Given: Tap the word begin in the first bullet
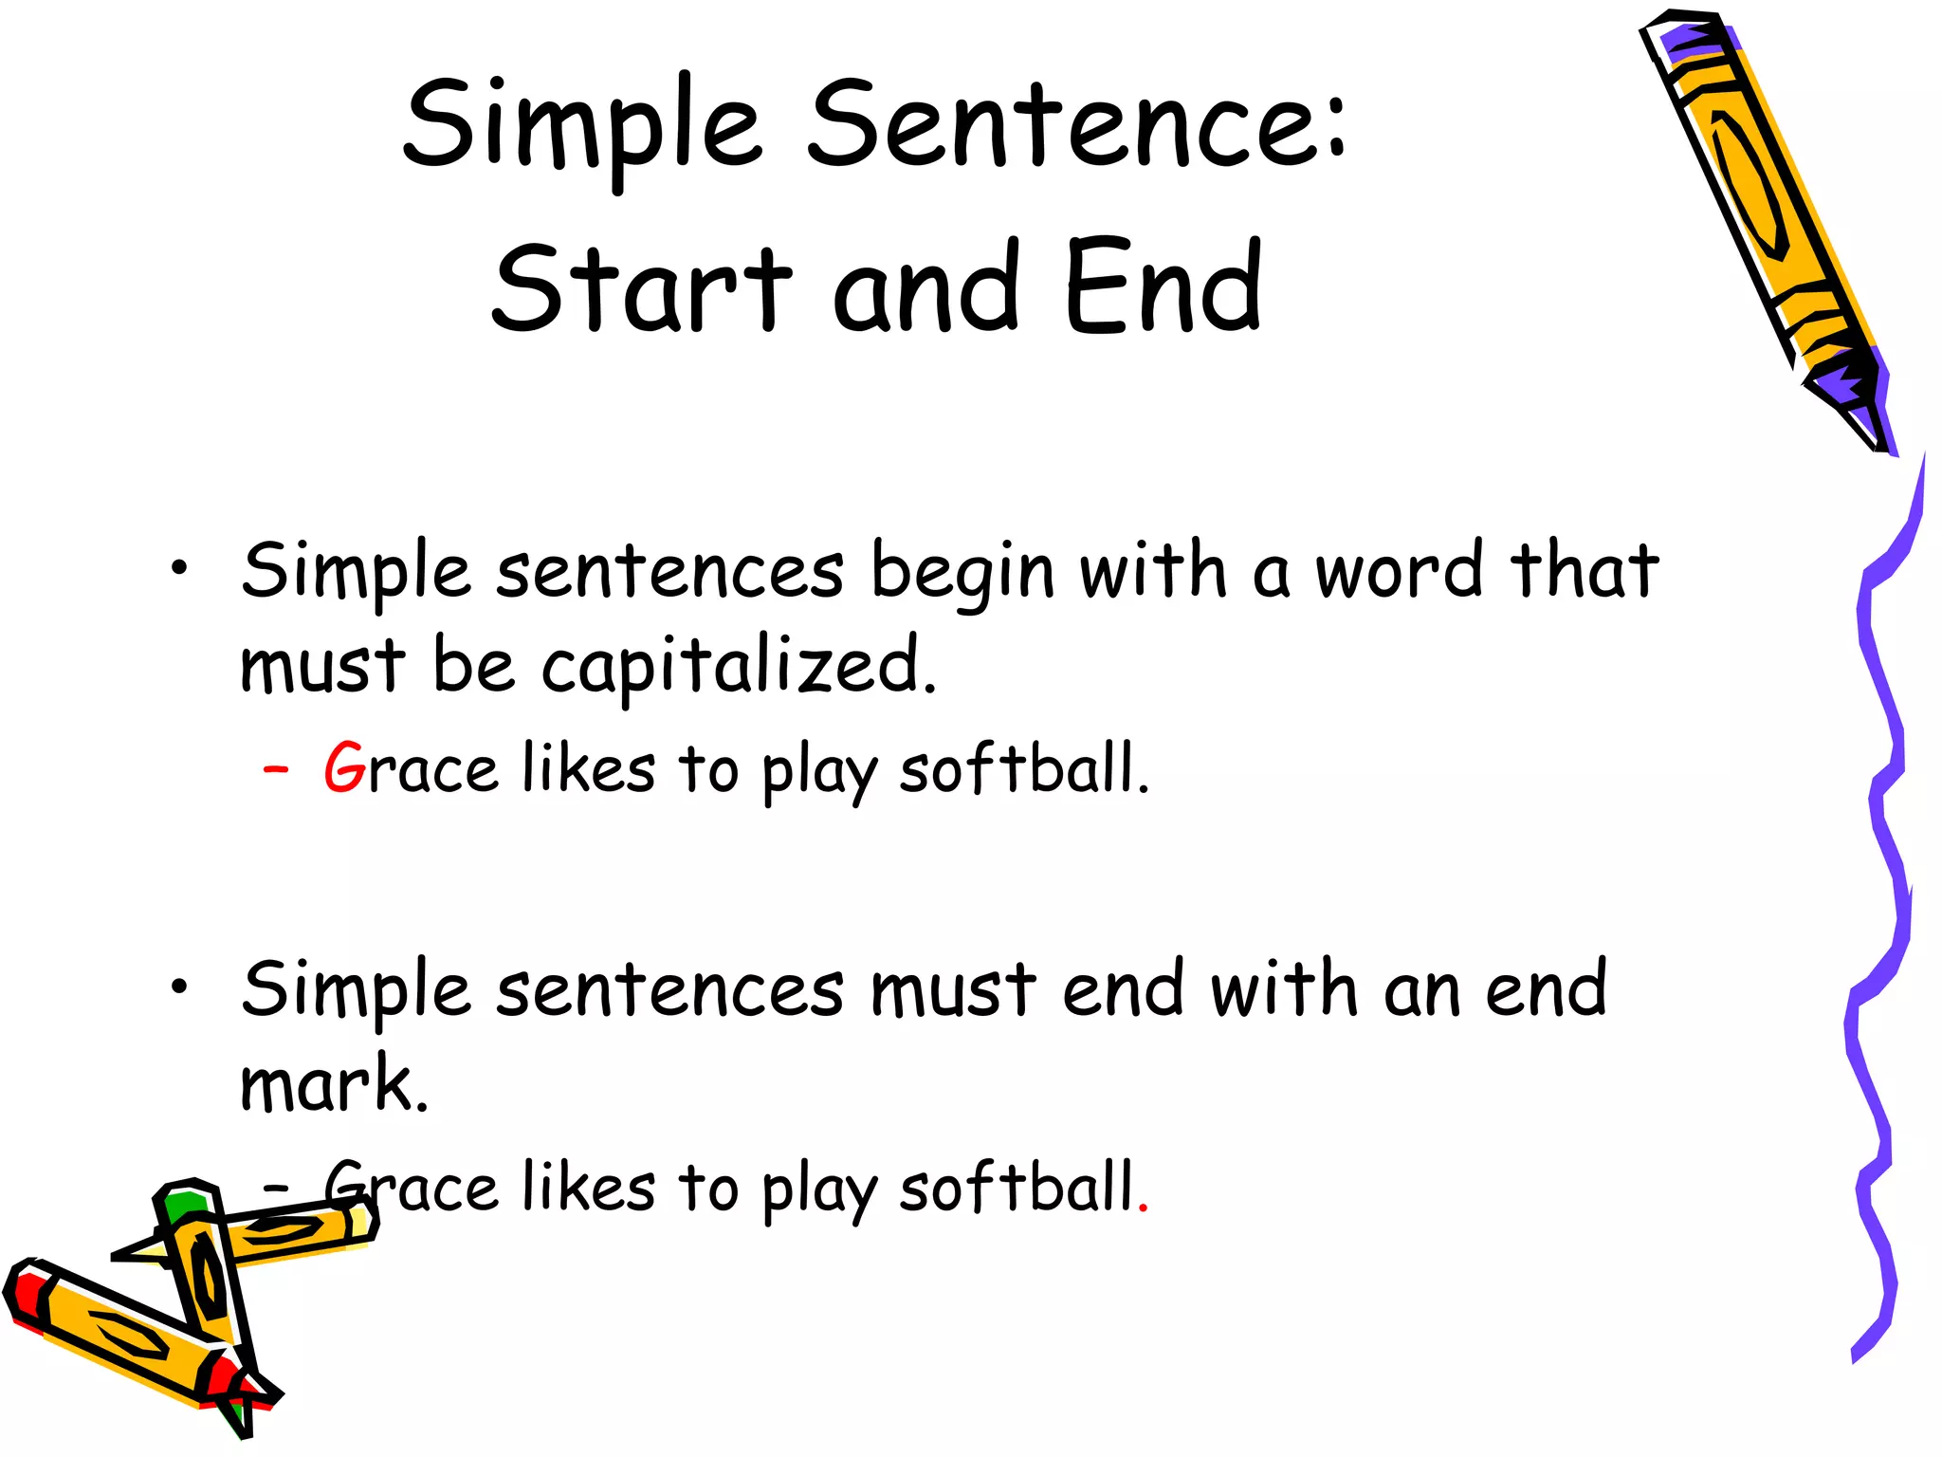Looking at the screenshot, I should pos(962,573).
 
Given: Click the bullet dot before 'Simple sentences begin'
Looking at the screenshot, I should pos(178,569).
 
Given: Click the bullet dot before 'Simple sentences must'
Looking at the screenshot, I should pos(178,987).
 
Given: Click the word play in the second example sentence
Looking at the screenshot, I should pos(819,1190).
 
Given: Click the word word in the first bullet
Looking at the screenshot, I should pos(1399,571).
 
